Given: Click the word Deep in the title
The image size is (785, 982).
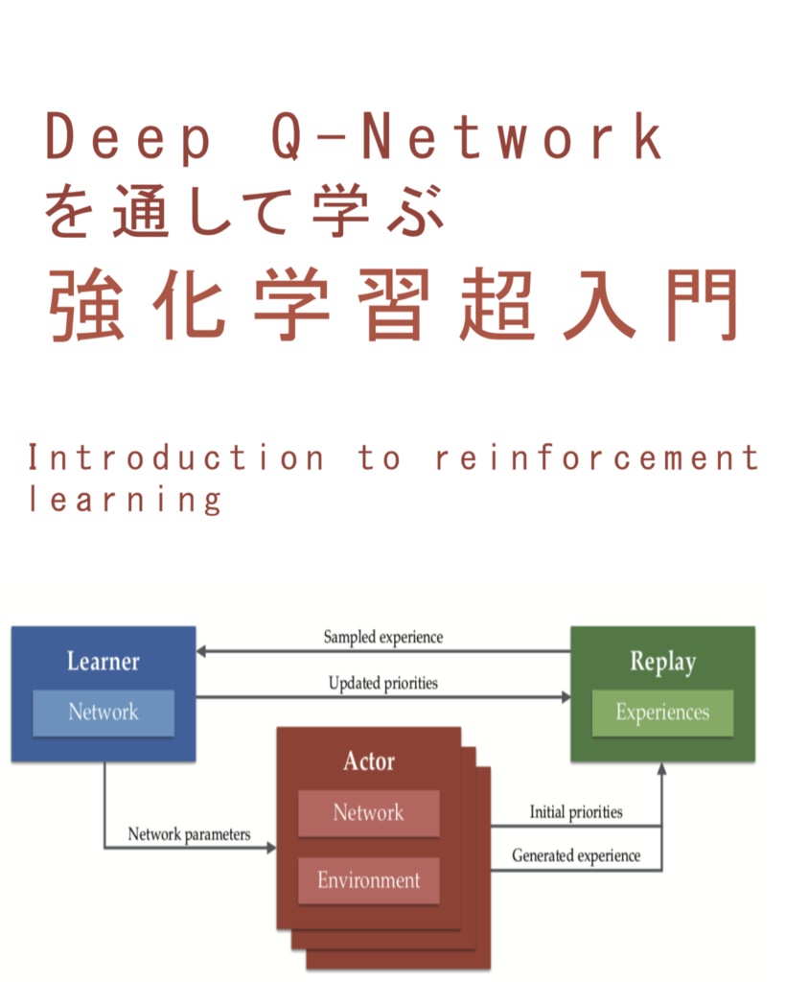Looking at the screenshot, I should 128,138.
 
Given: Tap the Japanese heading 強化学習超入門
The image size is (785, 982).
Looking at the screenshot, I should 393,304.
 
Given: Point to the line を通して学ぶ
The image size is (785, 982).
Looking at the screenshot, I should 245,210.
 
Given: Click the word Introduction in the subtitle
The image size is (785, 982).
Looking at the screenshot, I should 176,458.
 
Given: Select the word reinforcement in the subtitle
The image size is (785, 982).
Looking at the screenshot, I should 596,458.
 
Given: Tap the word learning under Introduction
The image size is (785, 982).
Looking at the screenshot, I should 125,500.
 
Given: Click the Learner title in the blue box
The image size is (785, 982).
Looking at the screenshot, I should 103,662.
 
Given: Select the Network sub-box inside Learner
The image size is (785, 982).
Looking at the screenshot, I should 104,713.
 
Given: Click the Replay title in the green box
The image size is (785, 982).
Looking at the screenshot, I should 662,662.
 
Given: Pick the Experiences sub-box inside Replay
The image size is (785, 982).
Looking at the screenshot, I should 662,713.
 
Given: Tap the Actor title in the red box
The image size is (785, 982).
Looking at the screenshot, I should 369,761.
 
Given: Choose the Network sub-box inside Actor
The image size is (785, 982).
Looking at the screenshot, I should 369,813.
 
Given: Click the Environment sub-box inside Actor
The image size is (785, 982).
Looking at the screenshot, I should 369,880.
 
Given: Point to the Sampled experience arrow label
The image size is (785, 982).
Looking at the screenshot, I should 383,637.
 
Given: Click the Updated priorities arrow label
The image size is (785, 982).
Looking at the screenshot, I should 383,684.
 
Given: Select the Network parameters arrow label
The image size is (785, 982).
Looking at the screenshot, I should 189,834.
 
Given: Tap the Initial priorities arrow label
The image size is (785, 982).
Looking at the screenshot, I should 576,812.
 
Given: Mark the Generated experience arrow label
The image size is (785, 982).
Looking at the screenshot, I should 576,855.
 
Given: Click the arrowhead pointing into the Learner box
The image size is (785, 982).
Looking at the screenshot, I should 202,651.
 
